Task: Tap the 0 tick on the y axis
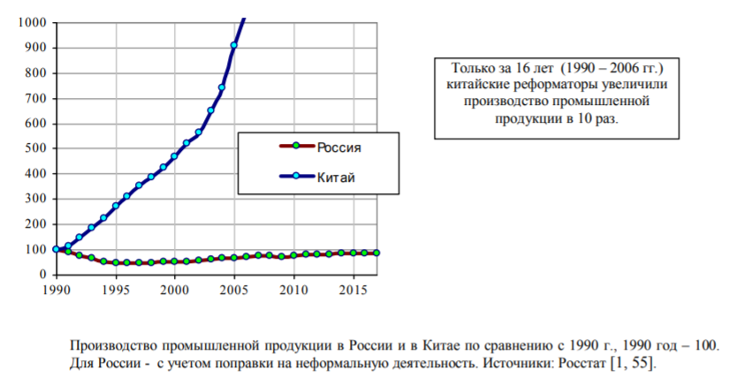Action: tap(43, 275)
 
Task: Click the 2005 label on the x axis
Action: tap(234, 290)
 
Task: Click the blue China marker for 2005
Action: tap(234, 45)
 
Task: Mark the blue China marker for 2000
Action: tap(174, 156)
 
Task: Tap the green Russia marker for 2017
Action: tap(377, 253)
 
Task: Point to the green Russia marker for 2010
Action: tap(293, 255)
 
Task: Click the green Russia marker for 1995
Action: tap(115, 262)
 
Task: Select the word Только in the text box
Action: tap(474, 68)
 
